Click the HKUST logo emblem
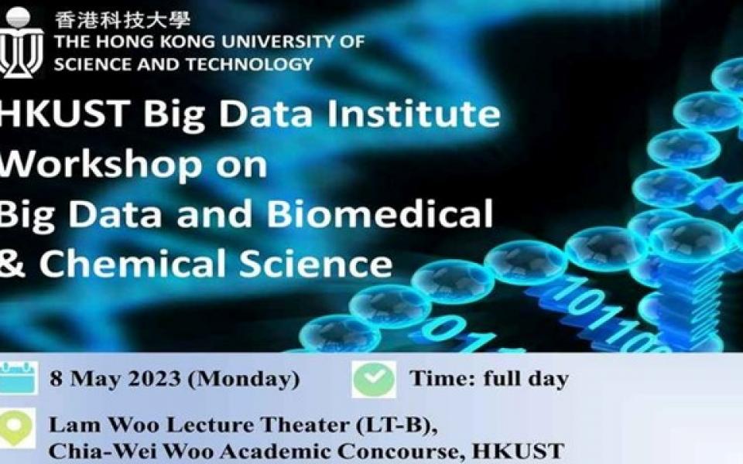pos(21,42)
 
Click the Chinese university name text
pos(123,20)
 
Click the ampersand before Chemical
pos(12,264)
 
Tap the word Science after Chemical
pos(316,263)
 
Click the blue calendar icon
pos(19,377)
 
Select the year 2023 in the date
pos(155,379)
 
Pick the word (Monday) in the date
pos(244,379)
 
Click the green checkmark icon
pos(374,379)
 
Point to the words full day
pos(526,379)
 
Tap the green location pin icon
pos(17,427)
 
